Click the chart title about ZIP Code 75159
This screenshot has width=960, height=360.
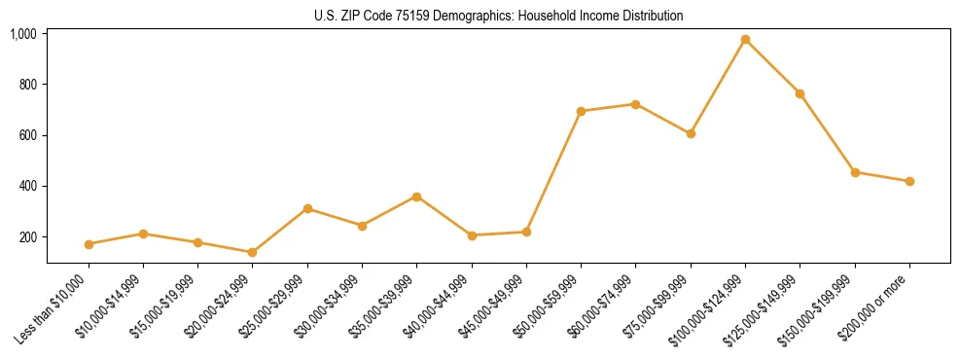pyautogui.click(x=498, y=16)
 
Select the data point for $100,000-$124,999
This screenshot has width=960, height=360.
pyautogui.click(x=745, y=40)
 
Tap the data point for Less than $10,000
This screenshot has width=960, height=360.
pyautogui.click(x=89, y=244)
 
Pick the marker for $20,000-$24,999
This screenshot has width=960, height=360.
pyautogui.click(x=253, y=252)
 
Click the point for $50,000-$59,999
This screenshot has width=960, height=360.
pyautogui.click(x=581, y=111)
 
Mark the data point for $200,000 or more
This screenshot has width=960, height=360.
pyautogui.click(x=909, y=181)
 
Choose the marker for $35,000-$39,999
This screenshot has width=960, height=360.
pyautogui.click(x=416, y=197)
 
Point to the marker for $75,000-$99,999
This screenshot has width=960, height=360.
pyautogui.click(x=691, y=133)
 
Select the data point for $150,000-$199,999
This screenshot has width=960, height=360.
pyautogui.click(x=855, y=172)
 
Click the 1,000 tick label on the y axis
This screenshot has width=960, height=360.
pyautogui.click(x=23, y=34)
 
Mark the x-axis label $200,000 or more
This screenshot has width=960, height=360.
pyautogui.click(x=880, y=303)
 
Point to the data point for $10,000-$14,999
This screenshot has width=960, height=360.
pyautogui.click(x=143, y=234)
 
